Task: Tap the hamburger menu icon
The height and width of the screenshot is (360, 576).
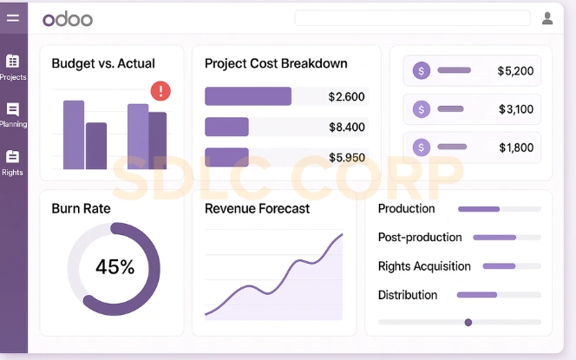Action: [x=13, y=18]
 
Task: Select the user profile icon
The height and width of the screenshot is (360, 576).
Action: [x=547, y=18]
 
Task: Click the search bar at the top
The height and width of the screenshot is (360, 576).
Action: [x=412, y=18]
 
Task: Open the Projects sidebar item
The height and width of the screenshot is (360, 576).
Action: [x=13, y=66]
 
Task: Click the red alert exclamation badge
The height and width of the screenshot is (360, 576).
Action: [x=160, y=90]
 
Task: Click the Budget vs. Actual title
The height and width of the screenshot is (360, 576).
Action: [x=103, y=63]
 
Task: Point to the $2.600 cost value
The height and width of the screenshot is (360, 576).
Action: [x=346, y=97]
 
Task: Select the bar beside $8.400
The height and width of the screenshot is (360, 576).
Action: [x=226, y=128]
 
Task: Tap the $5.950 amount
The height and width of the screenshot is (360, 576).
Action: [x=346, y=158]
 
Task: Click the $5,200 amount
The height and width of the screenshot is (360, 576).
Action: [x=515, y=71]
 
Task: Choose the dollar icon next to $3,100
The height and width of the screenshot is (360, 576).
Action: [x=422, y=109]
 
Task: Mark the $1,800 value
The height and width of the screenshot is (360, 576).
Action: [x=515, y=148]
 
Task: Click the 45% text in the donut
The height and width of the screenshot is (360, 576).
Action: [x=115, y=267]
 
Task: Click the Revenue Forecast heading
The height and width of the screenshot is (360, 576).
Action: [x=257, y=209]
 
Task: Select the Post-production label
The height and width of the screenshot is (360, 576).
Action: [x=420, y=238]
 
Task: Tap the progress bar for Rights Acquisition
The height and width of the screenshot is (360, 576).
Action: [x=511, y=266]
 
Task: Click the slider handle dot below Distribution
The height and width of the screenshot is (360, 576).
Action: [x=468, y=323]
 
